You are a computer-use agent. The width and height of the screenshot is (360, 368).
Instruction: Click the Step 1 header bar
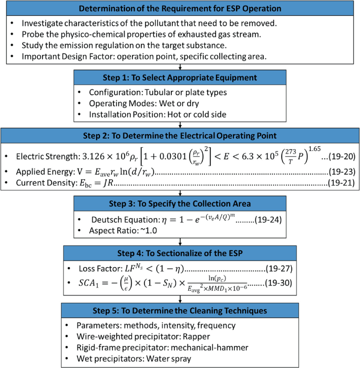pyautogui.click(x=180, y=77)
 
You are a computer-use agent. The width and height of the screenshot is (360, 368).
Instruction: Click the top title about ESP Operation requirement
pyautogui.click(x=180, y=8)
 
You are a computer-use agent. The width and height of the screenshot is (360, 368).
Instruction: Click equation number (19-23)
pyautogui.click(x=342, y=171)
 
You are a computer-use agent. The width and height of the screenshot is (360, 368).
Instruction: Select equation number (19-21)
pyautogui.click(x=342, y=183)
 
